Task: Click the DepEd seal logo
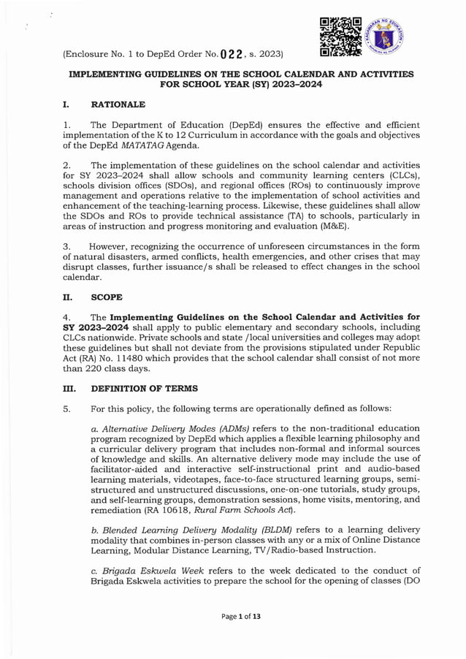click(x=387, y=35)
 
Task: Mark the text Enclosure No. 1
click(x=107, y=53)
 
